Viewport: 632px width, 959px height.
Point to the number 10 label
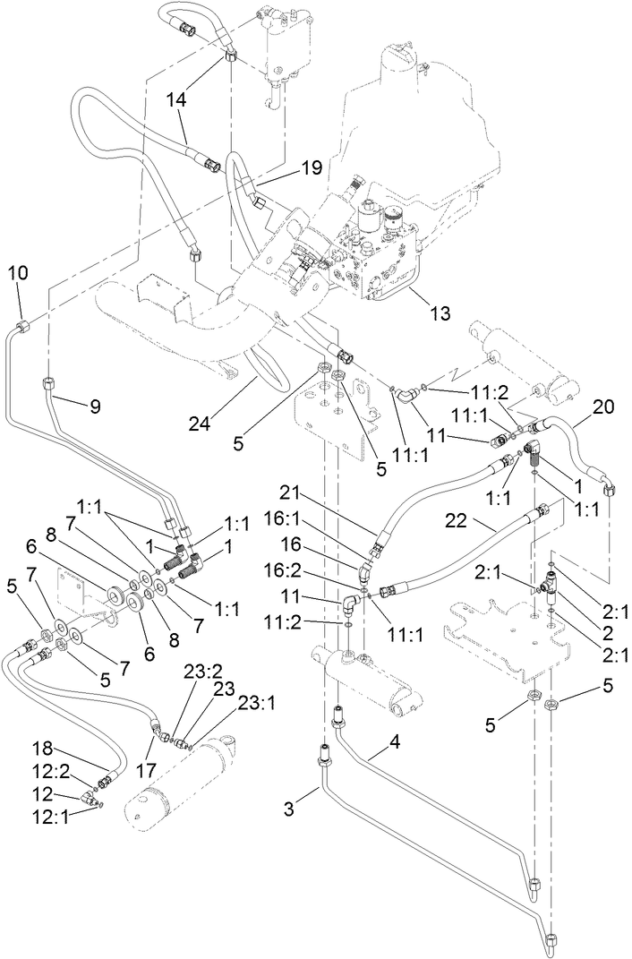click(19, 271)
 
